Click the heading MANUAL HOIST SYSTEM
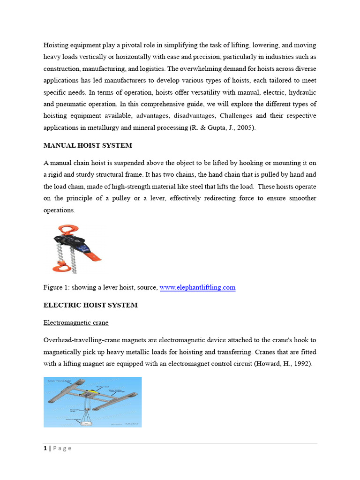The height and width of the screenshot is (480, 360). (88, 145)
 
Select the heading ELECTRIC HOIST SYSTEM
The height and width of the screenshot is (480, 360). (90, 305)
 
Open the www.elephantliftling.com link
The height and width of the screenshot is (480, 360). (197, 287)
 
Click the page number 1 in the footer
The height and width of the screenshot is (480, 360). (45, 448)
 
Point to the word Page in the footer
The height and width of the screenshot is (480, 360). (62, 448)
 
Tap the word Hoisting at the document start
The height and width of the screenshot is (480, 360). (57, 45)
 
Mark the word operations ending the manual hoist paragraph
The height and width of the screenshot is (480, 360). (59, 210)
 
